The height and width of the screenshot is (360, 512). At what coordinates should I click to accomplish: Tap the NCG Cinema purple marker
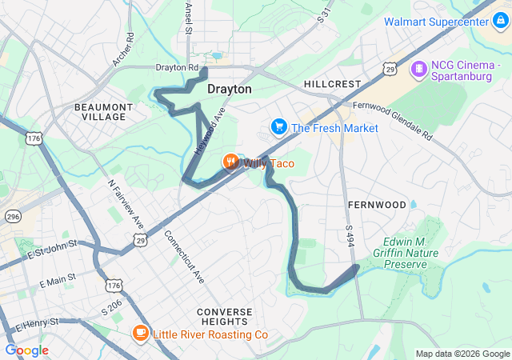tap(418, 70)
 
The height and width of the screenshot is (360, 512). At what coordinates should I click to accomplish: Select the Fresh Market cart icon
tap(278, 127)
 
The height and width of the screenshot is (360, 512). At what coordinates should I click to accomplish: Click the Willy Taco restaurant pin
tap(230, 163)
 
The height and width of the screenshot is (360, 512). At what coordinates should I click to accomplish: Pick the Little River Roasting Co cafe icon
tap(141, 334)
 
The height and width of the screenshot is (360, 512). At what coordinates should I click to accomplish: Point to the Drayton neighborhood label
tap(229, 90)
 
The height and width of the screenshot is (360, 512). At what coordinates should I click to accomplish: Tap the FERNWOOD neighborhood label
tap(378, 205)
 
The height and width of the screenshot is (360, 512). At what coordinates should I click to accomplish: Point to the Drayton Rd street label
tap(177, 69)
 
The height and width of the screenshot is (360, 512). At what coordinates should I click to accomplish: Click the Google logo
tap(26, 350)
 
